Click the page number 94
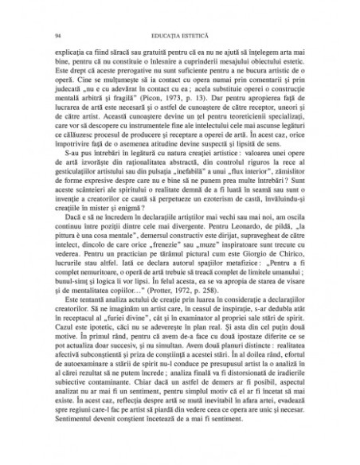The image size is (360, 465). coord(50,34)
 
